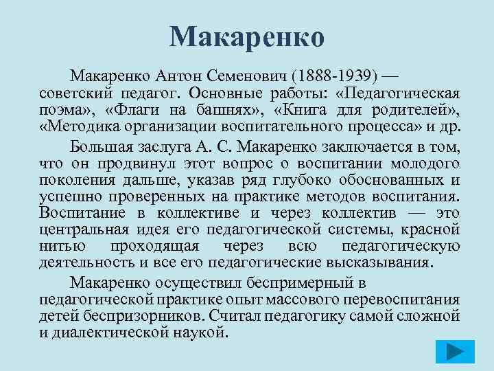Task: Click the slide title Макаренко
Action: [246, 36]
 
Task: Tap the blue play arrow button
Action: [455, 352]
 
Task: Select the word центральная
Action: [80, 230]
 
